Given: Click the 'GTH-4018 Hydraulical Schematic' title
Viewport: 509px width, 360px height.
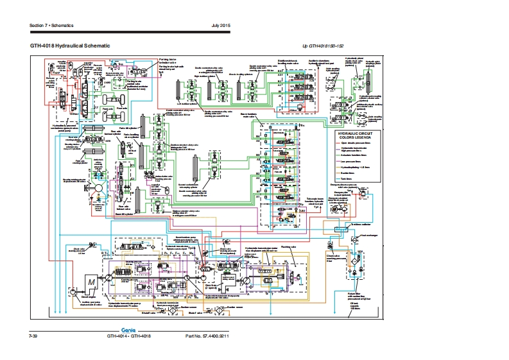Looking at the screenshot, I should (x=70, y=46).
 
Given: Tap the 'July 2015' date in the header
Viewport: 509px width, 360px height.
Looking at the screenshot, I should (x=221, y=25).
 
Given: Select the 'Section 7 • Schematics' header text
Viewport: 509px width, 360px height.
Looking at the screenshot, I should (x=52, y=25).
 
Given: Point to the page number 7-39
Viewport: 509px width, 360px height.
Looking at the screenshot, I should (x=33, y=336).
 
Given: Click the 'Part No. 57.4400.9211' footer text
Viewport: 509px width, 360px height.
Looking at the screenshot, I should (x=207, y=336).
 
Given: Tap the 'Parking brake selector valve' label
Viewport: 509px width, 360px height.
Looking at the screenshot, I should (x=168, y=61).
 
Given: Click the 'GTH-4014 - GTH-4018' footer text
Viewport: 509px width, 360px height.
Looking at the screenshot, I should (x=128, y=336).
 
